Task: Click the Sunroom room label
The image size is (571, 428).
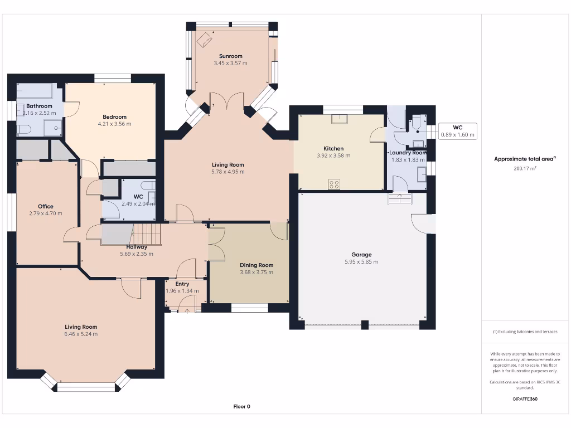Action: tap(230, 56)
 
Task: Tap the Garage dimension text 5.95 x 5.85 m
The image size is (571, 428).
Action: tap(361, 262)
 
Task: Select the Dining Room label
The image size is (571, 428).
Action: tap(257, 265)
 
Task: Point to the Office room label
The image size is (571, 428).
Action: tap(46, 206)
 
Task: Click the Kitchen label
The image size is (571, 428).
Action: tap(333, 148)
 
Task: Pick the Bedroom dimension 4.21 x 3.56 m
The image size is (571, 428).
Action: tap(114, 124)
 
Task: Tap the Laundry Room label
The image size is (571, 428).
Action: tap(408, 153)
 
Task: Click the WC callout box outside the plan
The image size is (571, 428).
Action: tap(457, 131)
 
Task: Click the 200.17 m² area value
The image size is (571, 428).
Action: tap(525, 168)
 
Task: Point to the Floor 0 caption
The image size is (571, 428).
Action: tap(242, 406)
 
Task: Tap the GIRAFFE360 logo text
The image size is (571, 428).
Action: tap(525, 399)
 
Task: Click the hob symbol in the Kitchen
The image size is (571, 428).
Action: tap(334, 184)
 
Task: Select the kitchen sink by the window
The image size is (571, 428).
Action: tap(340, 119)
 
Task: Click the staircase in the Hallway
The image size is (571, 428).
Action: tap(146, 234)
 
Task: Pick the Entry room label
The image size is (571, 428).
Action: tap(182, 284)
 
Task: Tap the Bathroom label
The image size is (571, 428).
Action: tap(39, 106)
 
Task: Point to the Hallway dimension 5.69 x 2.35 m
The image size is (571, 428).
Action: tap(137, 254)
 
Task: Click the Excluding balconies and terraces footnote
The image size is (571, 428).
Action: tap(525, 332)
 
